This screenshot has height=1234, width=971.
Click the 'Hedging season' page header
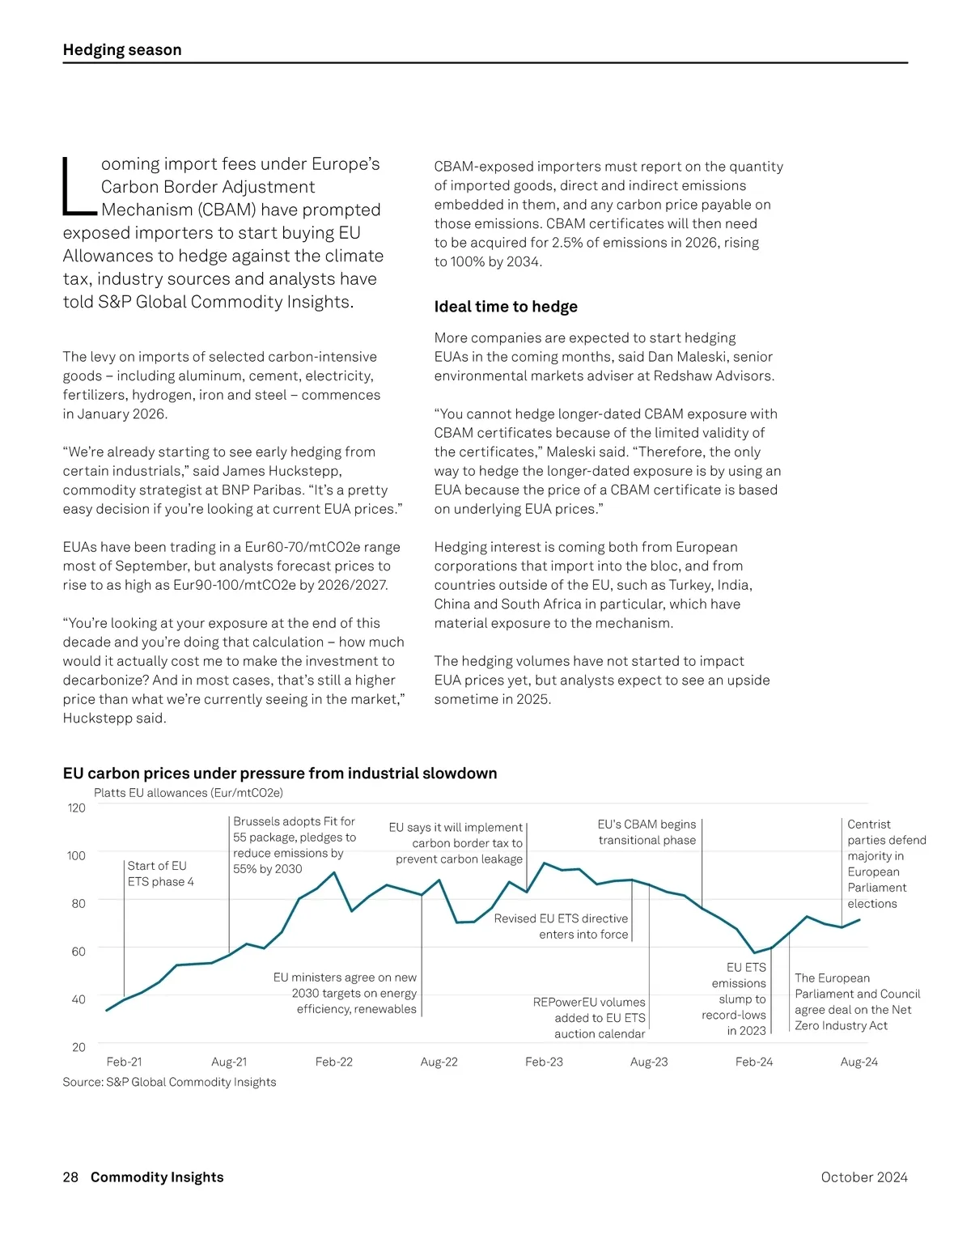pos(122,50)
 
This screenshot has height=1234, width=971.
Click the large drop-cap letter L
pos(78,187)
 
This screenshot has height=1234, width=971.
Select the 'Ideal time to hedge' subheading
pos(506,307)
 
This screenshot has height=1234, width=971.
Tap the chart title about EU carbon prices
pos(280,774)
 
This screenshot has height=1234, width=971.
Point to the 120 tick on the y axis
pos(77,808)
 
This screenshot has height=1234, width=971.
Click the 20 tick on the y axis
pos(78,1047)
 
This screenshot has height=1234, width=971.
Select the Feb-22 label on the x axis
pos(334,1062)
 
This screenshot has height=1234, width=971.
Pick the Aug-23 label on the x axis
pos(649,1062)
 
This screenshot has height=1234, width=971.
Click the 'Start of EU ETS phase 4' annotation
pos(160,874)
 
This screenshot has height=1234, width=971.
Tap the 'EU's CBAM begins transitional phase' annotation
pos(647,832)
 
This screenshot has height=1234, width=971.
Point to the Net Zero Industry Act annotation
pos(857,1002)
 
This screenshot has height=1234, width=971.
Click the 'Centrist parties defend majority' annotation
pos(886,863)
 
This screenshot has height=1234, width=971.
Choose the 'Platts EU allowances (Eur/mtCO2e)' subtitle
pos(189,793)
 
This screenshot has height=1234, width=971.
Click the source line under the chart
pos(169,1082)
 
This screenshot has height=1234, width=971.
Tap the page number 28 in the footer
pos(70,1177)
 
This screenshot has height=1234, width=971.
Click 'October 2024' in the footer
pos(863,1177)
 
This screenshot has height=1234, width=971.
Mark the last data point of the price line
pos(859,920)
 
